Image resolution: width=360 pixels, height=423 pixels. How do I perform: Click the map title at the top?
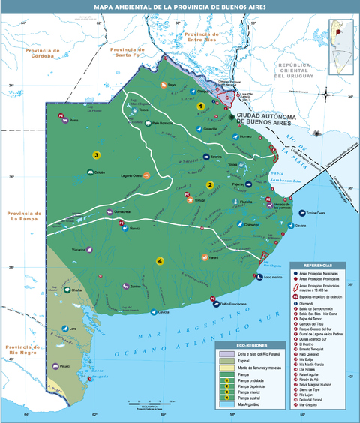(x=179, y=7)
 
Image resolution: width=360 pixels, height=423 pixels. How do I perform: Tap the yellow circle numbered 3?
(x=96, y=155)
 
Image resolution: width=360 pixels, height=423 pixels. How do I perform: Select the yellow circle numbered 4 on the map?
(x=160, y=260)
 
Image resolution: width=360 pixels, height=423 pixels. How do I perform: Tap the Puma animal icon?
(x=65, y=120)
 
